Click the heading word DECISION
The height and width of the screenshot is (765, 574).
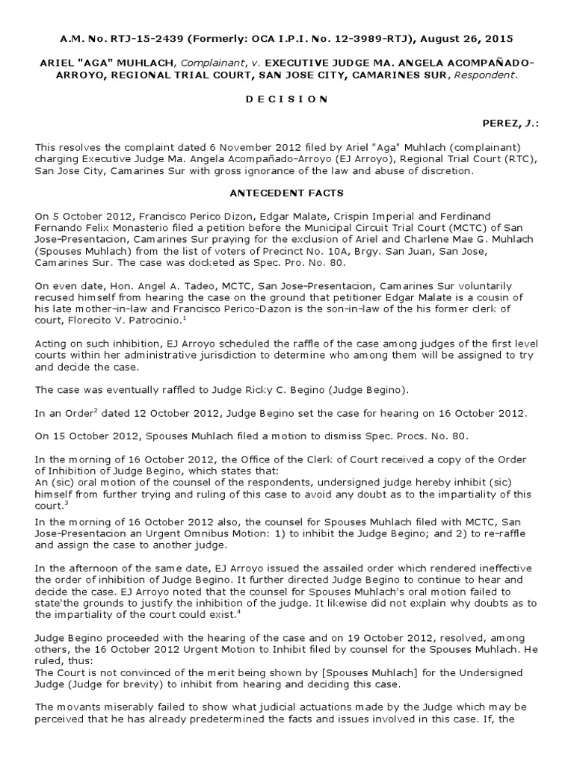click(x=286, y=99)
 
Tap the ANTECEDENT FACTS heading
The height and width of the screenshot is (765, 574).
click(x=286, y=193)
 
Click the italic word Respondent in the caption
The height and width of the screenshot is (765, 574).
click(x=481, y=75)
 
